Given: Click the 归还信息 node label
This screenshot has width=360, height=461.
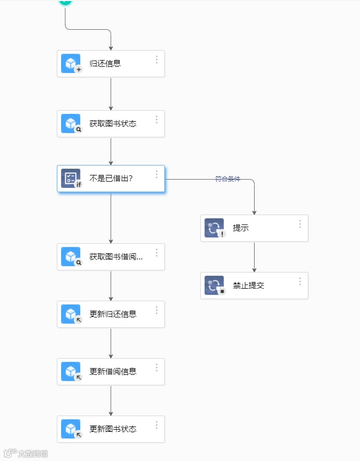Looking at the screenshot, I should click(x=105, y=64).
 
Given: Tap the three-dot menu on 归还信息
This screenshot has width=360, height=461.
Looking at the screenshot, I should click(x=157, y=60).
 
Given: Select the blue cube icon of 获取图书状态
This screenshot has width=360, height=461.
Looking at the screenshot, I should click(x=70, y=124).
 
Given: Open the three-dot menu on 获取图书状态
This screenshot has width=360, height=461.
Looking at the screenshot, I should click(x=157, y=120).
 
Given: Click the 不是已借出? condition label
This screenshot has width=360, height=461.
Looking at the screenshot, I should click(x=111, y=179).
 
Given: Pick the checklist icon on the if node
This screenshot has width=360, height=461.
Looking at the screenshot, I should click(x=70, y=179).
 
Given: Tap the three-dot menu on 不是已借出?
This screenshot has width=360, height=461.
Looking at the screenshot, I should click(x=157, y=175).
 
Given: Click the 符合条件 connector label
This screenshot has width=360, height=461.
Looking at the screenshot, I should click(x=228, y=179).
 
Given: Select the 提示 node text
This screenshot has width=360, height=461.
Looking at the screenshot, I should click(x=241, y=228).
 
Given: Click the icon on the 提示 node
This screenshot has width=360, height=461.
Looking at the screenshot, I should click(x=214, y=228).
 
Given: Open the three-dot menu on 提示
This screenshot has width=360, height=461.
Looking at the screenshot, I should click(x=300, y=224).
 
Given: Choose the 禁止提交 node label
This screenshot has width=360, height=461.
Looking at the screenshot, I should click(x=248, y=286).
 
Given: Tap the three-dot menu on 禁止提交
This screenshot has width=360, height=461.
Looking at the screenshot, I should click(x=300, y=282).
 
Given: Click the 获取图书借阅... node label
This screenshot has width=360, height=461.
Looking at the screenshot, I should click(x=116, y=257).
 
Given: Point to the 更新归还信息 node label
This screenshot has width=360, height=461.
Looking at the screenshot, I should click(x=113, y=314).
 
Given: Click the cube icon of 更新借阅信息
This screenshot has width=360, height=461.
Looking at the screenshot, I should click(x=70, y=372).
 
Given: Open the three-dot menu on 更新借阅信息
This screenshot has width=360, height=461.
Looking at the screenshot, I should click(x=157, y=368).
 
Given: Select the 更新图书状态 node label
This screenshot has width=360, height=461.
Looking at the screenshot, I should click(x=113, y=429).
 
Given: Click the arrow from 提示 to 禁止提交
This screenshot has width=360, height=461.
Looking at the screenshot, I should click(x=255, y=257).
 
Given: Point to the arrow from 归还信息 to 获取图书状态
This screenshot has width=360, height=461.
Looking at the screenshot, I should click(x=111, y=94).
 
